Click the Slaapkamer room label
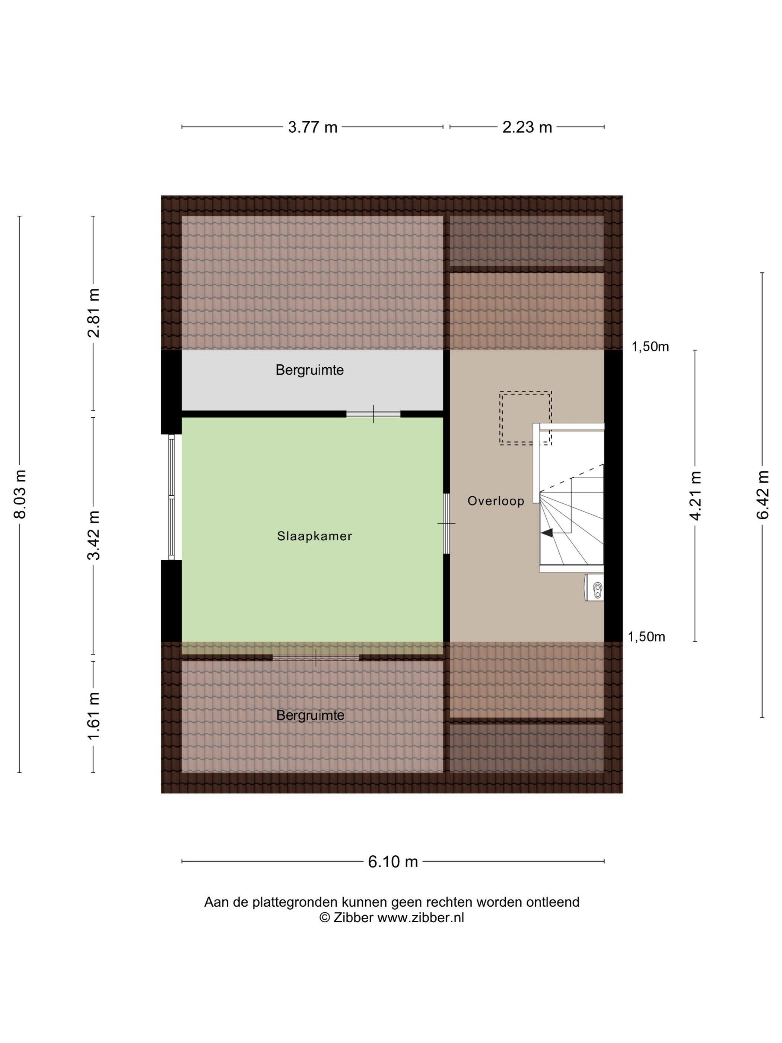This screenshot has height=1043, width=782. (314, 536)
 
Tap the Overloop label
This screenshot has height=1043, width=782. (496, 501)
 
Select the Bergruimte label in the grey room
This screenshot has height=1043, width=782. (310, 371)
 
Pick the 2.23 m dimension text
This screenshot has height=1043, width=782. (527, 127)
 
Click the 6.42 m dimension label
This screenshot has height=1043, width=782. (763, 495)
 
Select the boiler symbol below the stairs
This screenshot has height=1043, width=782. (594, 587)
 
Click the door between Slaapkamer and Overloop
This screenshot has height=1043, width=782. (446, 523)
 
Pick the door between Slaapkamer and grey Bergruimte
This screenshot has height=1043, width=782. (373, 414)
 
